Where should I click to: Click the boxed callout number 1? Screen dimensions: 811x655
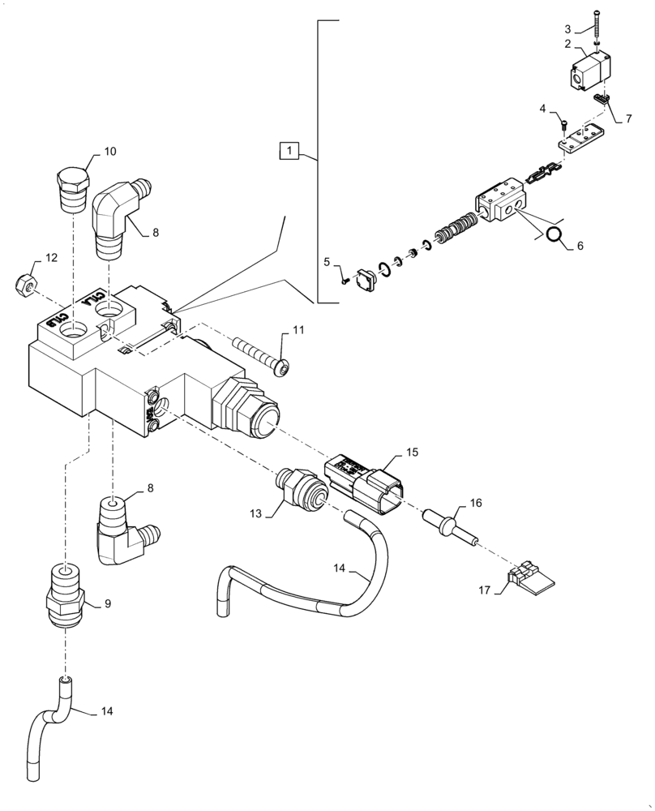[x=290, y=150]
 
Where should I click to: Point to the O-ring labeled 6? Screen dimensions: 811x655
[x=554, y=235]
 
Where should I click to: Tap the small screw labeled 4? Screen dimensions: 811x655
[x=563, y=123]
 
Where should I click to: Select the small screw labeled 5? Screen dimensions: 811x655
[x=345, y=280]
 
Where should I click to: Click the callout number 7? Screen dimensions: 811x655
[x=627, y=118]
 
